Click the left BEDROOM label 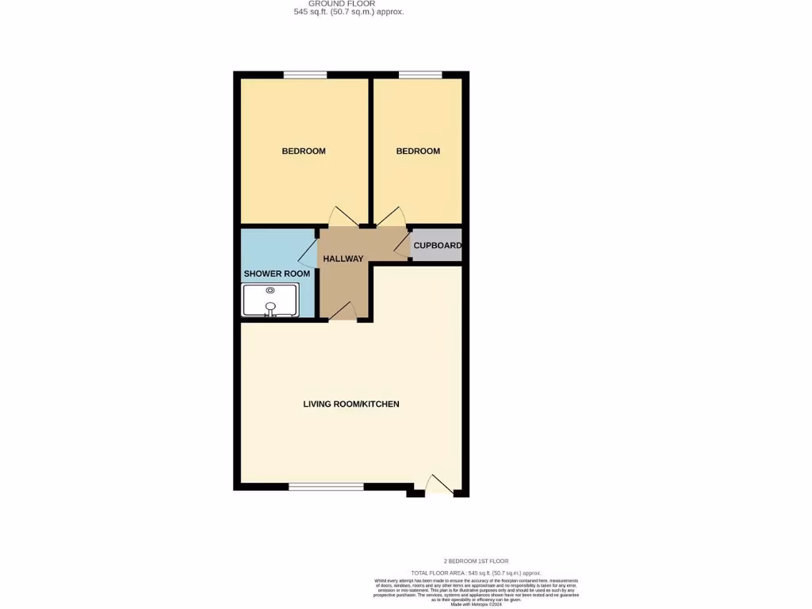[x=304, y=151]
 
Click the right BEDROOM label [x=418, y=151]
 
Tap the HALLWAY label [x=343, y=259]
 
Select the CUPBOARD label [x=437, y=246]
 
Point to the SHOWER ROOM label [x=277, y=274]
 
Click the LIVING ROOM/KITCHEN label [x=351, y=404]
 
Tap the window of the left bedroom [x=305, y=75]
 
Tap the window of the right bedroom [x=420, y=75]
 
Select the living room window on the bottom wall [x=326, y=486]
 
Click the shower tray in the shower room [x=270, y=301]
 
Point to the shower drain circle [x=270, y=291]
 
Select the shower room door [x=308, y=254]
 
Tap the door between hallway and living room [x=343, y=312]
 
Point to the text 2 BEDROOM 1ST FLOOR [x=476, y=561]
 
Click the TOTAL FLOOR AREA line [x=476, y=573]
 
